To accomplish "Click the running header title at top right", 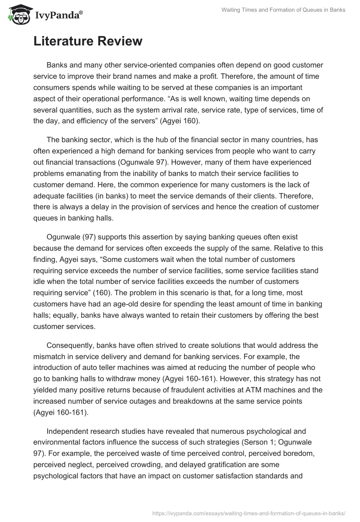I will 283,10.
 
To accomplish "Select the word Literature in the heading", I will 67,41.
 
